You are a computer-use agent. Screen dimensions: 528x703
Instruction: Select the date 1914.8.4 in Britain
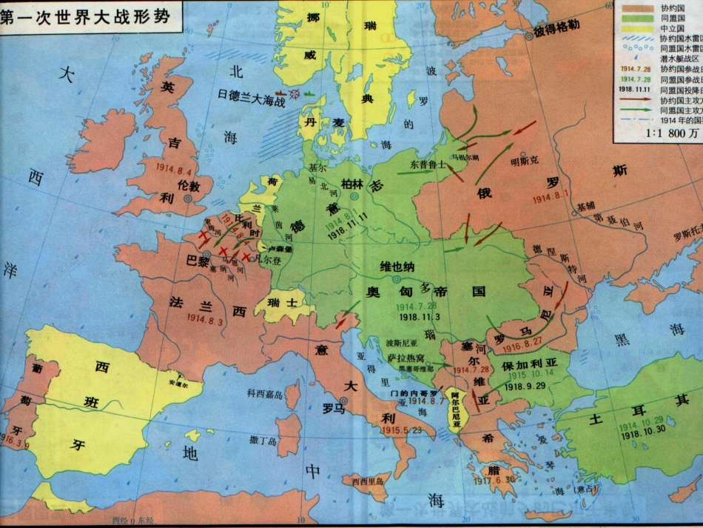click(x=175, y=167)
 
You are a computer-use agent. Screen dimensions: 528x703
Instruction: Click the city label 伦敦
click(x=189, y=185)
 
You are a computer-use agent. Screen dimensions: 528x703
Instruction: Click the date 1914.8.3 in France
click(x=205, y=319)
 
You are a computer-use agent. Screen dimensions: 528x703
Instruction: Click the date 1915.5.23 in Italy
click(x=403, y=430)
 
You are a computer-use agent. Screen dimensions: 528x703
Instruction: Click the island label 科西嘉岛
click(x=265, y=395)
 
